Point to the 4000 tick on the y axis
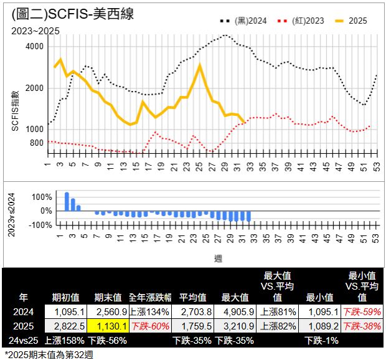(x=35, y=47)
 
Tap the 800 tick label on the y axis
(x=37, y=143)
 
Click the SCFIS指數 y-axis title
(x=15, y=110)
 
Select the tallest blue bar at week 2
(x=67, y=202)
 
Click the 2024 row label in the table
(x=23, y=311)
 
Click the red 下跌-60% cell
(x=150, y=325)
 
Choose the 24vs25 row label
(x=23, y=339)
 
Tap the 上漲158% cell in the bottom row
(x=64, y=339)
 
